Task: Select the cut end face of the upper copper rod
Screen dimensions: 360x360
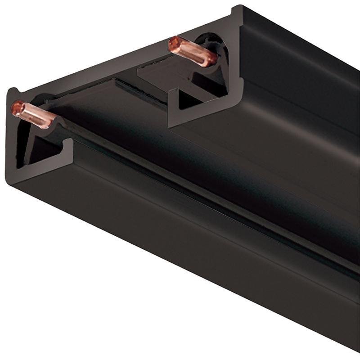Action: tap(174, 44)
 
